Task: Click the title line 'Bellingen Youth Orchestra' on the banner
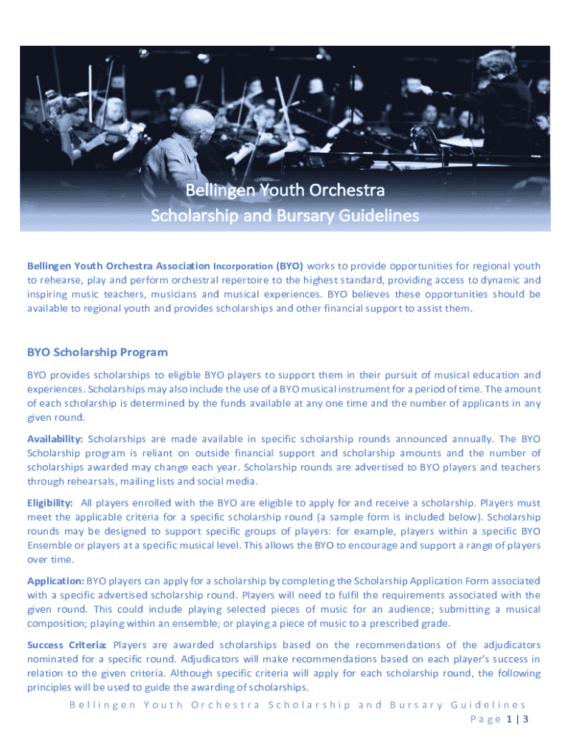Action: point(285,191)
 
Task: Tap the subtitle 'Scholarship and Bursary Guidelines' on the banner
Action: point(285,216)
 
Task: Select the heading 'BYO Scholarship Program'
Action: point(97,352)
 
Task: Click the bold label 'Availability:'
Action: point(55,439)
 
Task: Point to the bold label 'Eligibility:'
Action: point(50,503)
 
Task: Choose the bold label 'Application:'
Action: point(55,581)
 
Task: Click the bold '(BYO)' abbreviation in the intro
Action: point(290,266)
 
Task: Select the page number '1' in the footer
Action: point(510,719)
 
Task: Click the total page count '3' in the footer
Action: point(525,719)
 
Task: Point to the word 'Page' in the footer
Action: point(485,719)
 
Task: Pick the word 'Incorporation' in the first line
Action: point(243,266)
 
